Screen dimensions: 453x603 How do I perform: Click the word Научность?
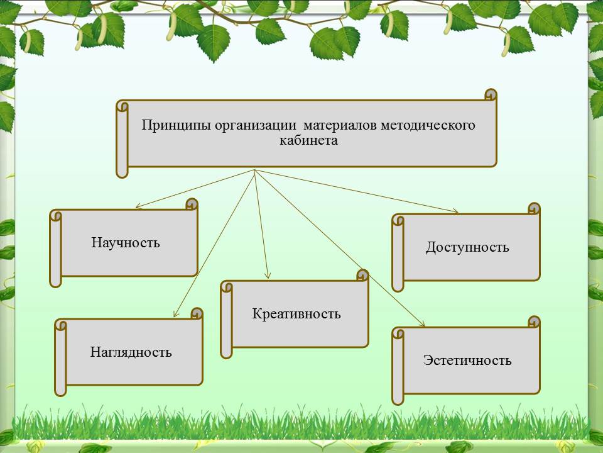126,242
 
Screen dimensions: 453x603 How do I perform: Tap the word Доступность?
467,247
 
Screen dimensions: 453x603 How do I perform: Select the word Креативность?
296,313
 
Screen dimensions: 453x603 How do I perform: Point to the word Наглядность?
131,352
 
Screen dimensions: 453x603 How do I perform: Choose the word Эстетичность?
467,361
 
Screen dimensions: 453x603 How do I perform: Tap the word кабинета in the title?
308,140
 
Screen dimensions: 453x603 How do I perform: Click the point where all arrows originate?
254,170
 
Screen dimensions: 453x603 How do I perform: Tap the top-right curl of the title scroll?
491,94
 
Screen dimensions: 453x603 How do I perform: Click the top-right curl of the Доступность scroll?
534,209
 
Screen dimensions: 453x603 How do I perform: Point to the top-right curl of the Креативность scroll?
362,275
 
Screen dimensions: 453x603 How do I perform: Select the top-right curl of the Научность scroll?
192,204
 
